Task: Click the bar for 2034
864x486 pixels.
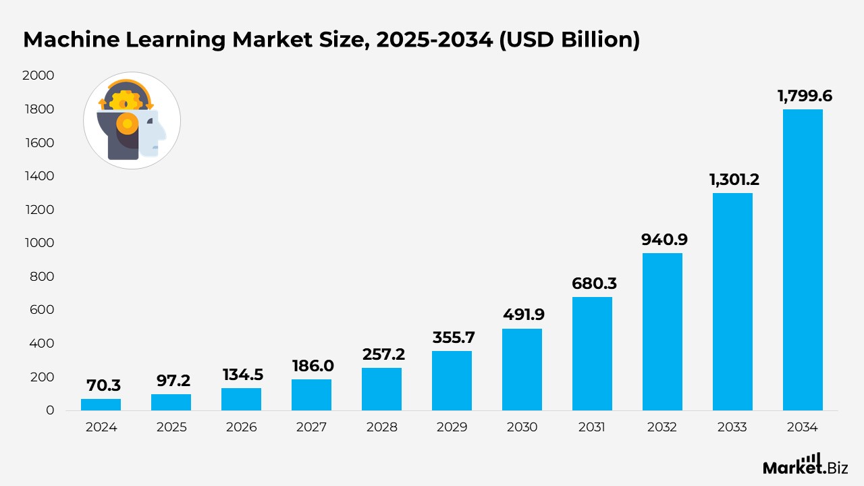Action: tap(803, 260)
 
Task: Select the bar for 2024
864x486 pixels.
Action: tap(101, 404)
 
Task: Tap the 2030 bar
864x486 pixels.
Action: tap(522, 369)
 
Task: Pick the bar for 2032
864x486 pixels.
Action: tap(662, 331)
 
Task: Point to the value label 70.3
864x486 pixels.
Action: tap(103, 385)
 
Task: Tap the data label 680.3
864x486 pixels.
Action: tap(594, 283)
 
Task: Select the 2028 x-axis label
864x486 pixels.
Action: tap(381, 427)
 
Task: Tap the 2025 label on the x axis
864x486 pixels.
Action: tap(171, 427)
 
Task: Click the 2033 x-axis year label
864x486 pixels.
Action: tap(732, 427)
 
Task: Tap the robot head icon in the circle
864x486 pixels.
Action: tap(132, 121)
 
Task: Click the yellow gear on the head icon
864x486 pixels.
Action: tap(126, 101)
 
